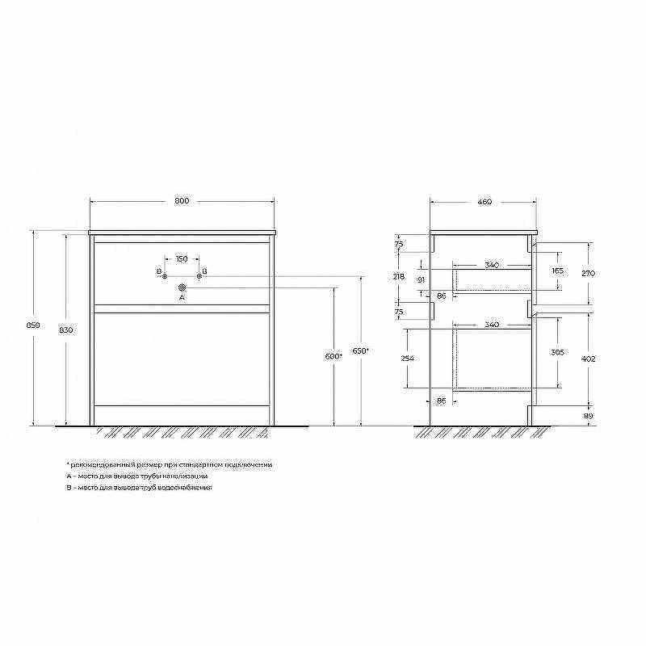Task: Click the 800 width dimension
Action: point(182,201)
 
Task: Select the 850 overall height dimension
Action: point(33,325)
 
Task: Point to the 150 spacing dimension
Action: point(182,258)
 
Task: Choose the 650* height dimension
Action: point(361,351)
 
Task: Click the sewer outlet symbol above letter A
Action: point(182,286)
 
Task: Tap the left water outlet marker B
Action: point(165,276)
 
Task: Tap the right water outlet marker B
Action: point(199,276)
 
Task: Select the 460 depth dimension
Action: point(484,202)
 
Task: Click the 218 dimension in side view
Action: point(398,276)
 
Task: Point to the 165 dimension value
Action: point(557,271)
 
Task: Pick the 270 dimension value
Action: point(588,273)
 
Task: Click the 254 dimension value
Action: point(407,357)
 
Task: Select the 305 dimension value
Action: point(557,353)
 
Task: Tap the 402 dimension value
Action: point(588,358)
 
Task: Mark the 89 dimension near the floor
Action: point(588,415)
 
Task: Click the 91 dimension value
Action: point(421,279)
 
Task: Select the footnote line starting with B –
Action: point(139,488)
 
